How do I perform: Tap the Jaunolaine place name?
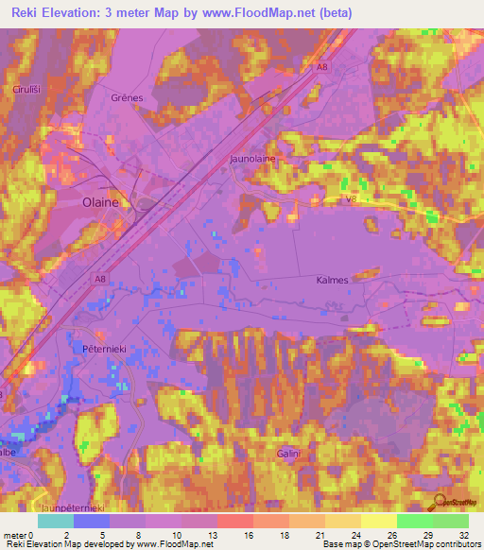pyautogui.click(x=253, y=159)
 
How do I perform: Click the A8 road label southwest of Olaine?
pyautogui.click(x=100, y=279)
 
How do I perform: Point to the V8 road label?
pyautogui.click(x=352, y=199)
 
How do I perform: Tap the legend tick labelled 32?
pyautogui.click(x=462, y=534)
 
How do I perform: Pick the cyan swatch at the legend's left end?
pyautogui.click(x=56, y=521)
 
